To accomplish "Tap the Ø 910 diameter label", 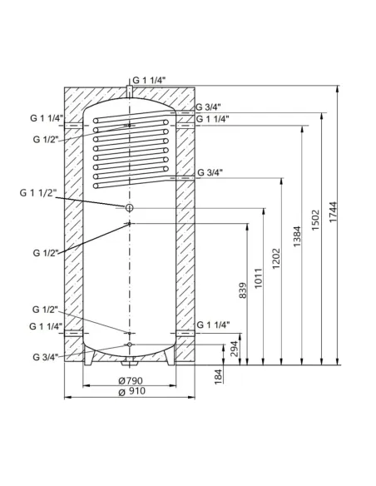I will point(129,394).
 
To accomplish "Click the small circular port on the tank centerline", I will point(129,206).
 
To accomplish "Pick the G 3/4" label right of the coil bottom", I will point(210,172).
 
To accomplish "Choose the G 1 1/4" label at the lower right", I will point(213,324).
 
